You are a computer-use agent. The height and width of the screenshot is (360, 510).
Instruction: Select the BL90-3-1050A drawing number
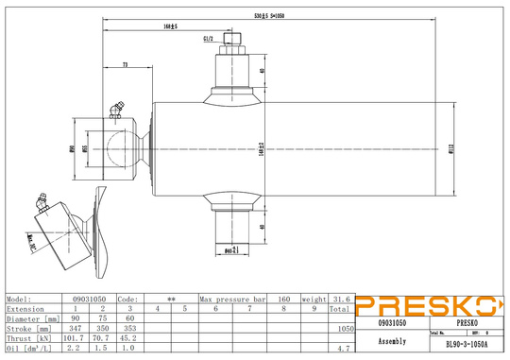point(469,345)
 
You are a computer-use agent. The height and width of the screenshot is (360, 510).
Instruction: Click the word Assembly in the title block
point(392,340)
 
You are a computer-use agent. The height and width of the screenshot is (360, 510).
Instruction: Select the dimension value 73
point(126,64)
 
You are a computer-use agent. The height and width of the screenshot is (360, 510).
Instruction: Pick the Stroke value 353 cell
point(130,326)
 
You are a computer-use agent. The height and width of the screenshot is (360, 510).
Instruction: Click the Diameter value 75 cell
point(103,317)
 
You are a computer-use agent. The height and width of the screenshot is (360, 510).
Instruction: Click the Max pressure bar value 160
point(283,299)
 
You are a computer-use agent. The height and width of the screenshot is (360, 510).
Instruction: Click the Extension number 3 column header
point(130,308)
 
